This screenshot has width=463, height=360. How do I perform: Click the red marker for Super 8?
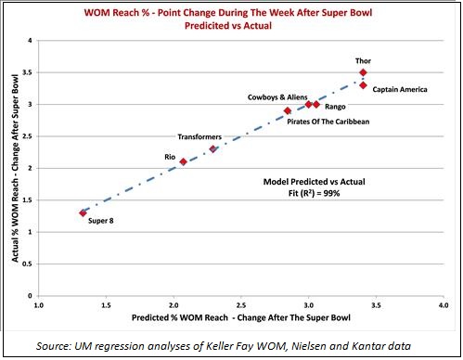coord(83,212)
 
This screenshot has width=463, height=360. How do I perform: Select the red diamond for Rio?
coord(183,161)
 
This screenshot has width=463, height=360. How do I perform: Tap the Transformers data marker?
coord(213,148)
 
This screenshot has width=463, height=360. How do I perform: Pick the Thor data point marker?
coord(363,72)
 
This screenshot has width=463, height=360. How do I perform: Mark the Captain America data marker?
coord(363,85)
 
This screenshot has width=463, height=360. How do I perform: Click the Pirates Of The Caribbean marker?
coord(288,110)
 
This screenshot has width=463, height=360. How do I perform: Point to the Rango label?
coord(336,108)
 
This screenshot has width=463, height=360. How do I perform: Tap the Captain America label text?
coord(401,89)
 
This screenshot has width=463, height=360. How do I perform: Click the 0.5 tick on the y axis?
coord(28,264)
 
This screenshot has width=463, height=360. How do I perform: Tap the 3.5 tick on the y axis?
coord(28,72)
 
